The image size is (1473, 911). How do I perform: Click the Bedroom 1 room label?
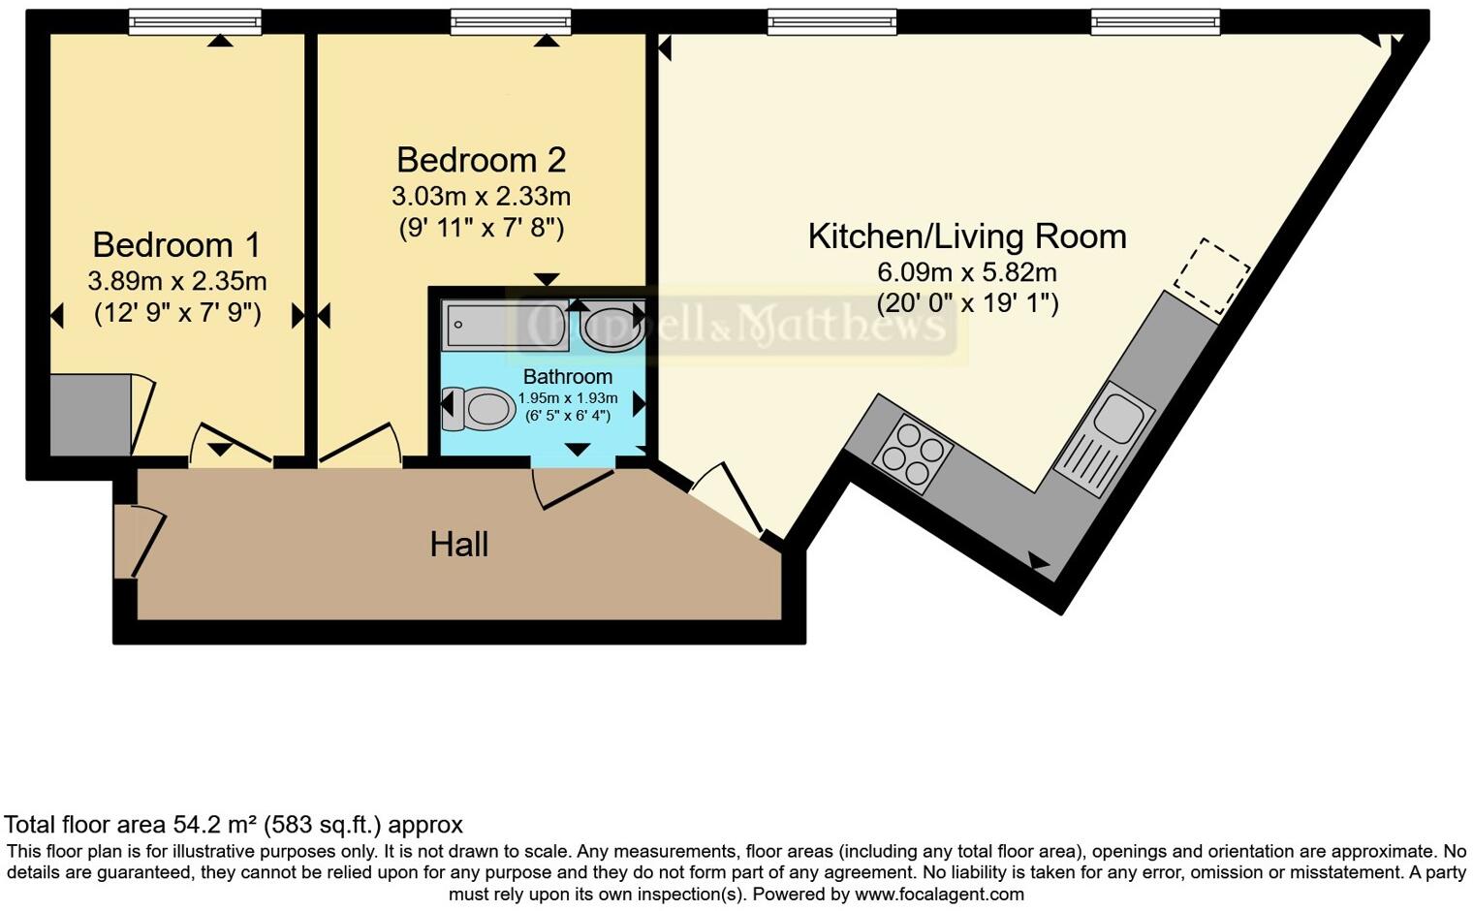[x=176, y=245]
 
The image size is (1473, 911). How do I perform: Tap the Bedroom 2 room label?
[x=481, y=160]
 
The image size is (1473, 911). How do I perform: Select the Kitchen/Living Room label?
[x=966, y=236]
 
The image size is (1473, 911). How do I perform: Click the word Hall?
[x=458, y=545]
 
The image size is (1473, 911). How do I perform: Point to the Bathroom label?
[x=567, y=376]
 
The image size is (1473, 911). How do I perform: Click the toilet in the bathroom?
[x=482, y=409]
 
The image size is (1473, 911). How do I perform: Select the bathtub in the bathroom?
[x=505, y=326]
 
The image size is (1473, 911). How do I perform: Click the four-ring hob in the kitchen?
[x=912, y=451]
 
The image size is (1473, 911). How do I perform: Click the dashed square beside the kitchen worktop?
[x=1211, y=275]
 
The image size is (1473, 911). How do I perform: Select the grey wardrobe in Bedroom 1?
[x=90, y=415]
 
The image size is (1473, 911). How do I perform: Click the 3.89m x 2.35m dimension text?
[x=176, y=282]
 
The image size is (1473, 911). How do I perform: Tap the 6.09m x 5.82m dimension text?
[x=966, y=272]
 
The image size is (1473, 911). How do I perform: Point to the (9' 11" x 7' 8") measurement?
[x=481, y=228]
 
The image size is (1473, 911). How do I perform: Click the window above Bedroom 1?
[x=195, y=22]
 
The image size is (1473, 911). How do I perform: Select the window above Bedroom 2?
[x=510, y=22]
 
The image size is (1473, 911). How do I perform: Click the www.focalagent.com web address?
[x=938, y=895]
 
